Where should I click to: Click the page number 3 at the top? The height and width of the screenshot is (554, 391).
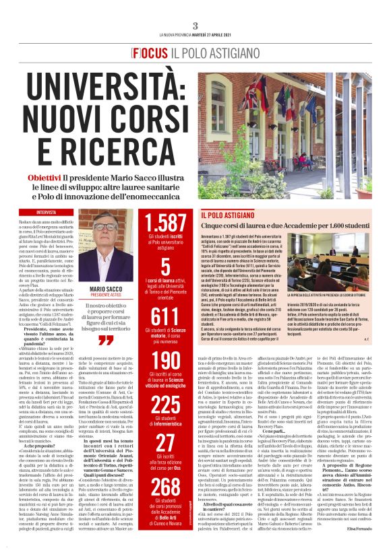point(195,26)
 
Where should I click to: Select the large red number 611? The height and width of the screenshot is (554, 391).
point(165,316)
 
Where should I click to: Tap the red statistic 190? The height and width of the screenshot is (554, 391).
point(165,361)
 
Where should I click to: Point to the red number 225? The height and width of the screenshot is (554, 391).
point(165,404)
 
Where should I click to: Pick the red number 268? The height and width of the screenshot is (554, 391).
point(165,487)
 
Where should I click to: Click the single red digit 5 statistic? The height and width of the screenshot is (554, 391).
point(165,268)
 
